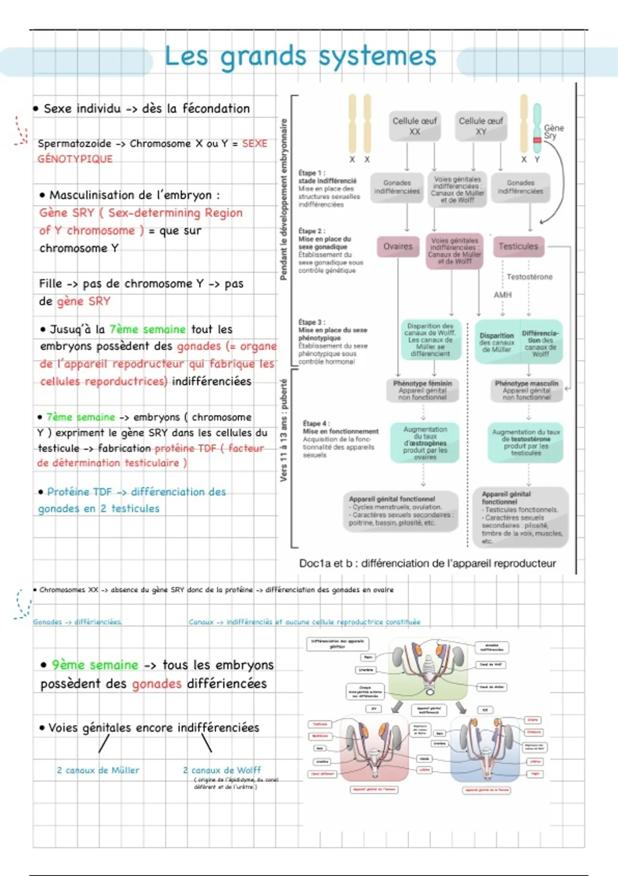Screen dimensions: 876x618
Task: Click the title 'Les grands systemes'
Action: [300, 56]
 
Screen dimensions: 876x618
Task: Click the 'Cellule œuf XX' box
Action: [415, 126]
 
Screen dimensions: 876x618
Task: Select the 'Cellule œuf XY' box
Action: [480, 126]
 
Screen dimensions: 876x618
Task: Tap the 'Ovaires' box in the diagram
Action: [398, 246]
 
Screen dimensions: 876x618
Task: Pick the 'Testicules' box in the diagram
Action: [518, 246]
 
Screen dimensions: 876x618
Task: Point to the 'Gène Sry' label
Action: [554, 132]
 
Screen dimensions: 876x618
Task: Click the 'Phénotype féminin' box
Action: [422, 391]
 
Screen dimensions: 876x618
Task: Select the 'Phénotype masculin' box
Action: [526, 391]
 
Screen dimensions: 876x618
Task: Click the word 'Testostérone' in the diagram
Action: [529, 277]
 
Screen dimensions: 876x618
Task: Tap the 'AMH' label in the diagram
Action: [503, 295]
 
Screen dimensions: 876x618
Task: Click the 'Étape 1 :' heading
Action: [312, 173]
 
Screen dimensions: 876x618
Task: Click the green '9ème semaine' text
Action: [95, 665]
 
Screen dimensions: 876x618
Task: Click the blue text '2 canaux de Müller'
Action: [98, 770]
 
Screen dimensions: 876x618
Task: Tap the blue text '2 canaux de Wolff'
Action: [222, 770]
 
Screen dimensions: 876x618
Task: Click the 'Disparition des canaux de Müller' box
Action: [496, 342]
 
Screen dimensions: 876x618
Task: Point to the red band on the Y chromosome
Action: [537, 140]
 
